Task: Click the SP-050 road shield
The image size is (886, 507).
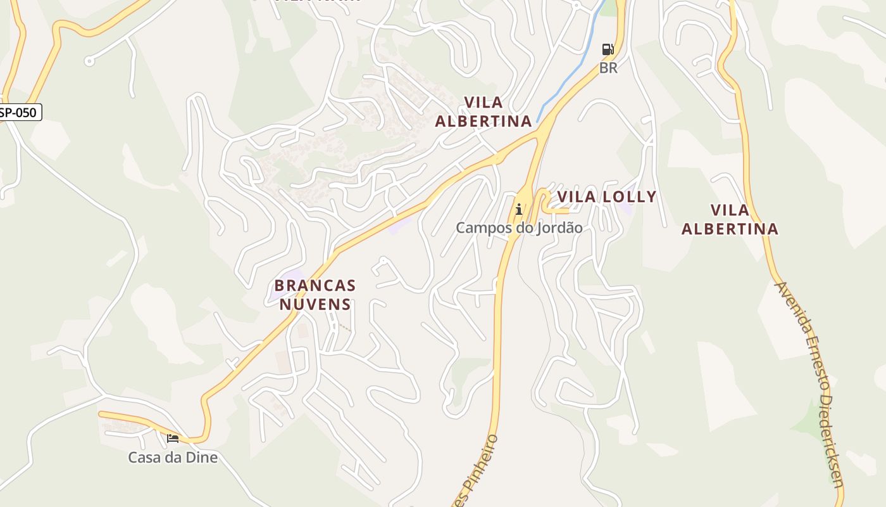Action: (20, 113)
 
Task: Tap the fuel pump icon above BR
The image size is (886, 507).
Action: (608, 49)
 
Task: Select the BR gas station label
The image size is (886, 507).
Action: (608, 68)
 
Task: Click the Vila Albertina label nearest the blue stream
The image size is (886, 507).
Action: (484, 112)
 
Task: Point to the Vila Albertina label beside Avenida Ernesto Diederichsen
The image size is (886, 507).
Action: (730, 219)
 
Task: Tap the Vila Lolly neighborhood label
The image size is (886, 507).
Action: (606, 197)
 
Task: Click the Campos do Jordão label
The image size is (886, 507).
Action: (519, 228)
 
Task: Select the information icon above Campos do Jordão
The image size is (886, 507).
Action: (519, 209)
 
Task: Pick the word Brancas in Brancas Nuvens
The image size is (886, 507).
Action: (315, 286)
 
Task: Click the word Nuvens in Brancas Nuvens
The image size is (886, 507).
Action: (315, 304)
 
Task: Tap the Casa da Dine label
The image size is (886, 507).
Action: (173, 457)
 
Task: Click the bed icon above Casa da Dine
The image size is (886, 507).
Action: (173, 438)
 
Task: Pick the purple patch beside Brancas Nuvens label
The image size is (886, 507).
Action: (277, 291)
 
